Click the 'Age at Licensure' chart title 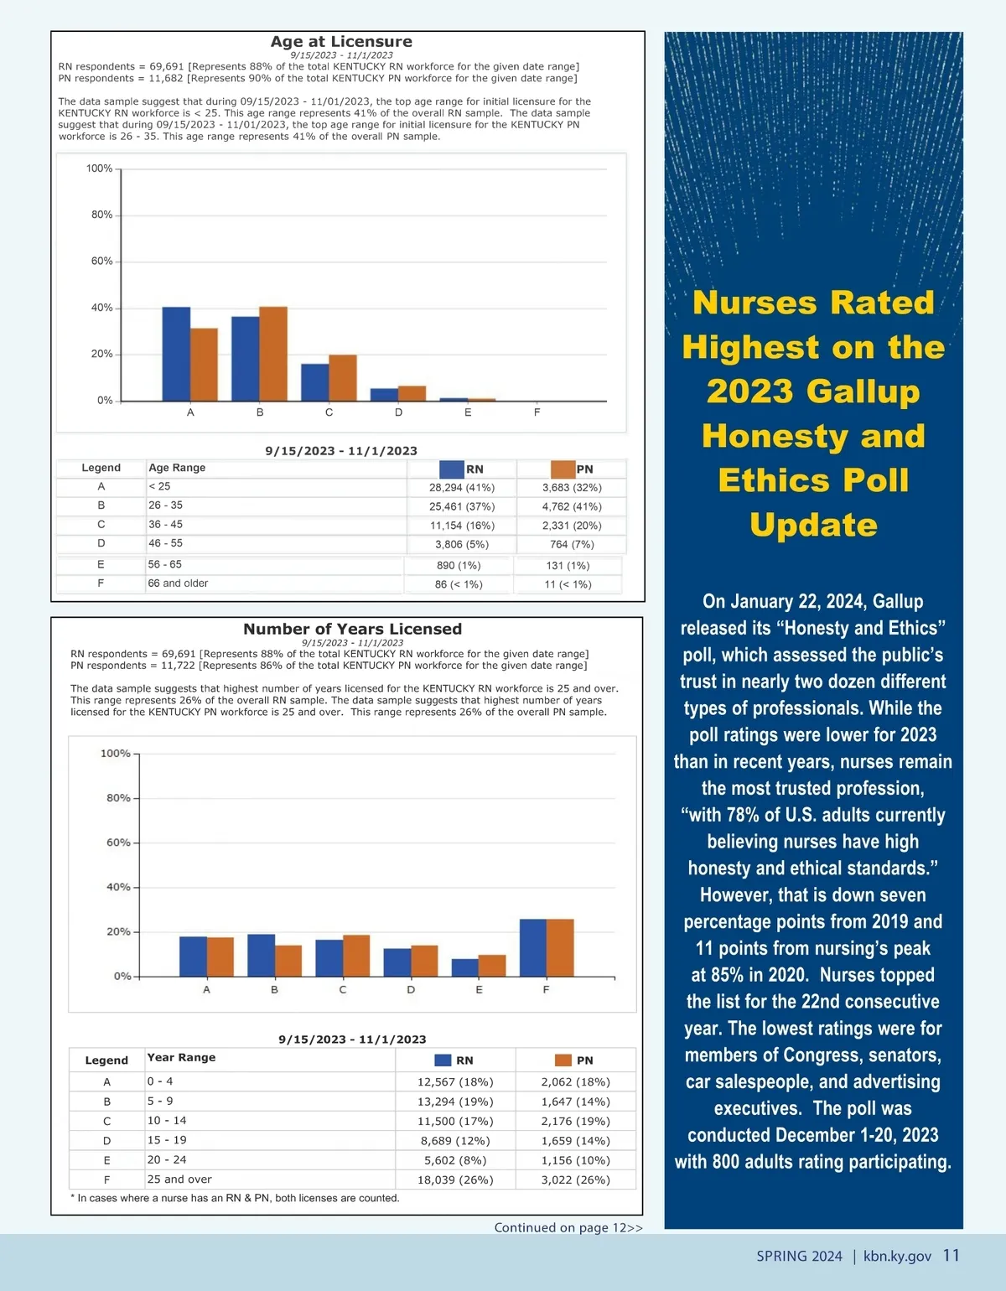[341, 42]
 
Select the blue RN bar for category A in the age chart [176, 354]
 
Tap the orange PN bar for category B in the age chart [273, 354]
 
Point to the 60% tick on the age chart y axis [102, 262]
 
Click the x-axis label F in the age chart [537, 412]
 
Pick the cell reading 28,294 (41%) [462, 488]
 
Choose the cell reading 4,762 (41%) [572, 507]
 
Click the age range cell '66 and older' [178, 583]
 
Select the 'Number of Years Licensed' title [352, 629]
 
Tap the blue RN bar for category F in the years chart [533, 947]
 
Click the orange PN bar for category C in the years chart [356, 956]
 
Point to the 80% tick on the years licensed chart [118, 798]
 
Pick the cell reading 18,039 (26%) [455, 1180]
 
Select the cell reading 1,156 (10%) [575, 1161]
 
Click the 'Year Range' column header [181, 1058]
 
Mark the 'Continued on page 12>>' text [568, 1228]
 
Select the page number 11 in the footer [951, 1256]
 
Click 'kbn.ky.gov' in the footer [897, 1257]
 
